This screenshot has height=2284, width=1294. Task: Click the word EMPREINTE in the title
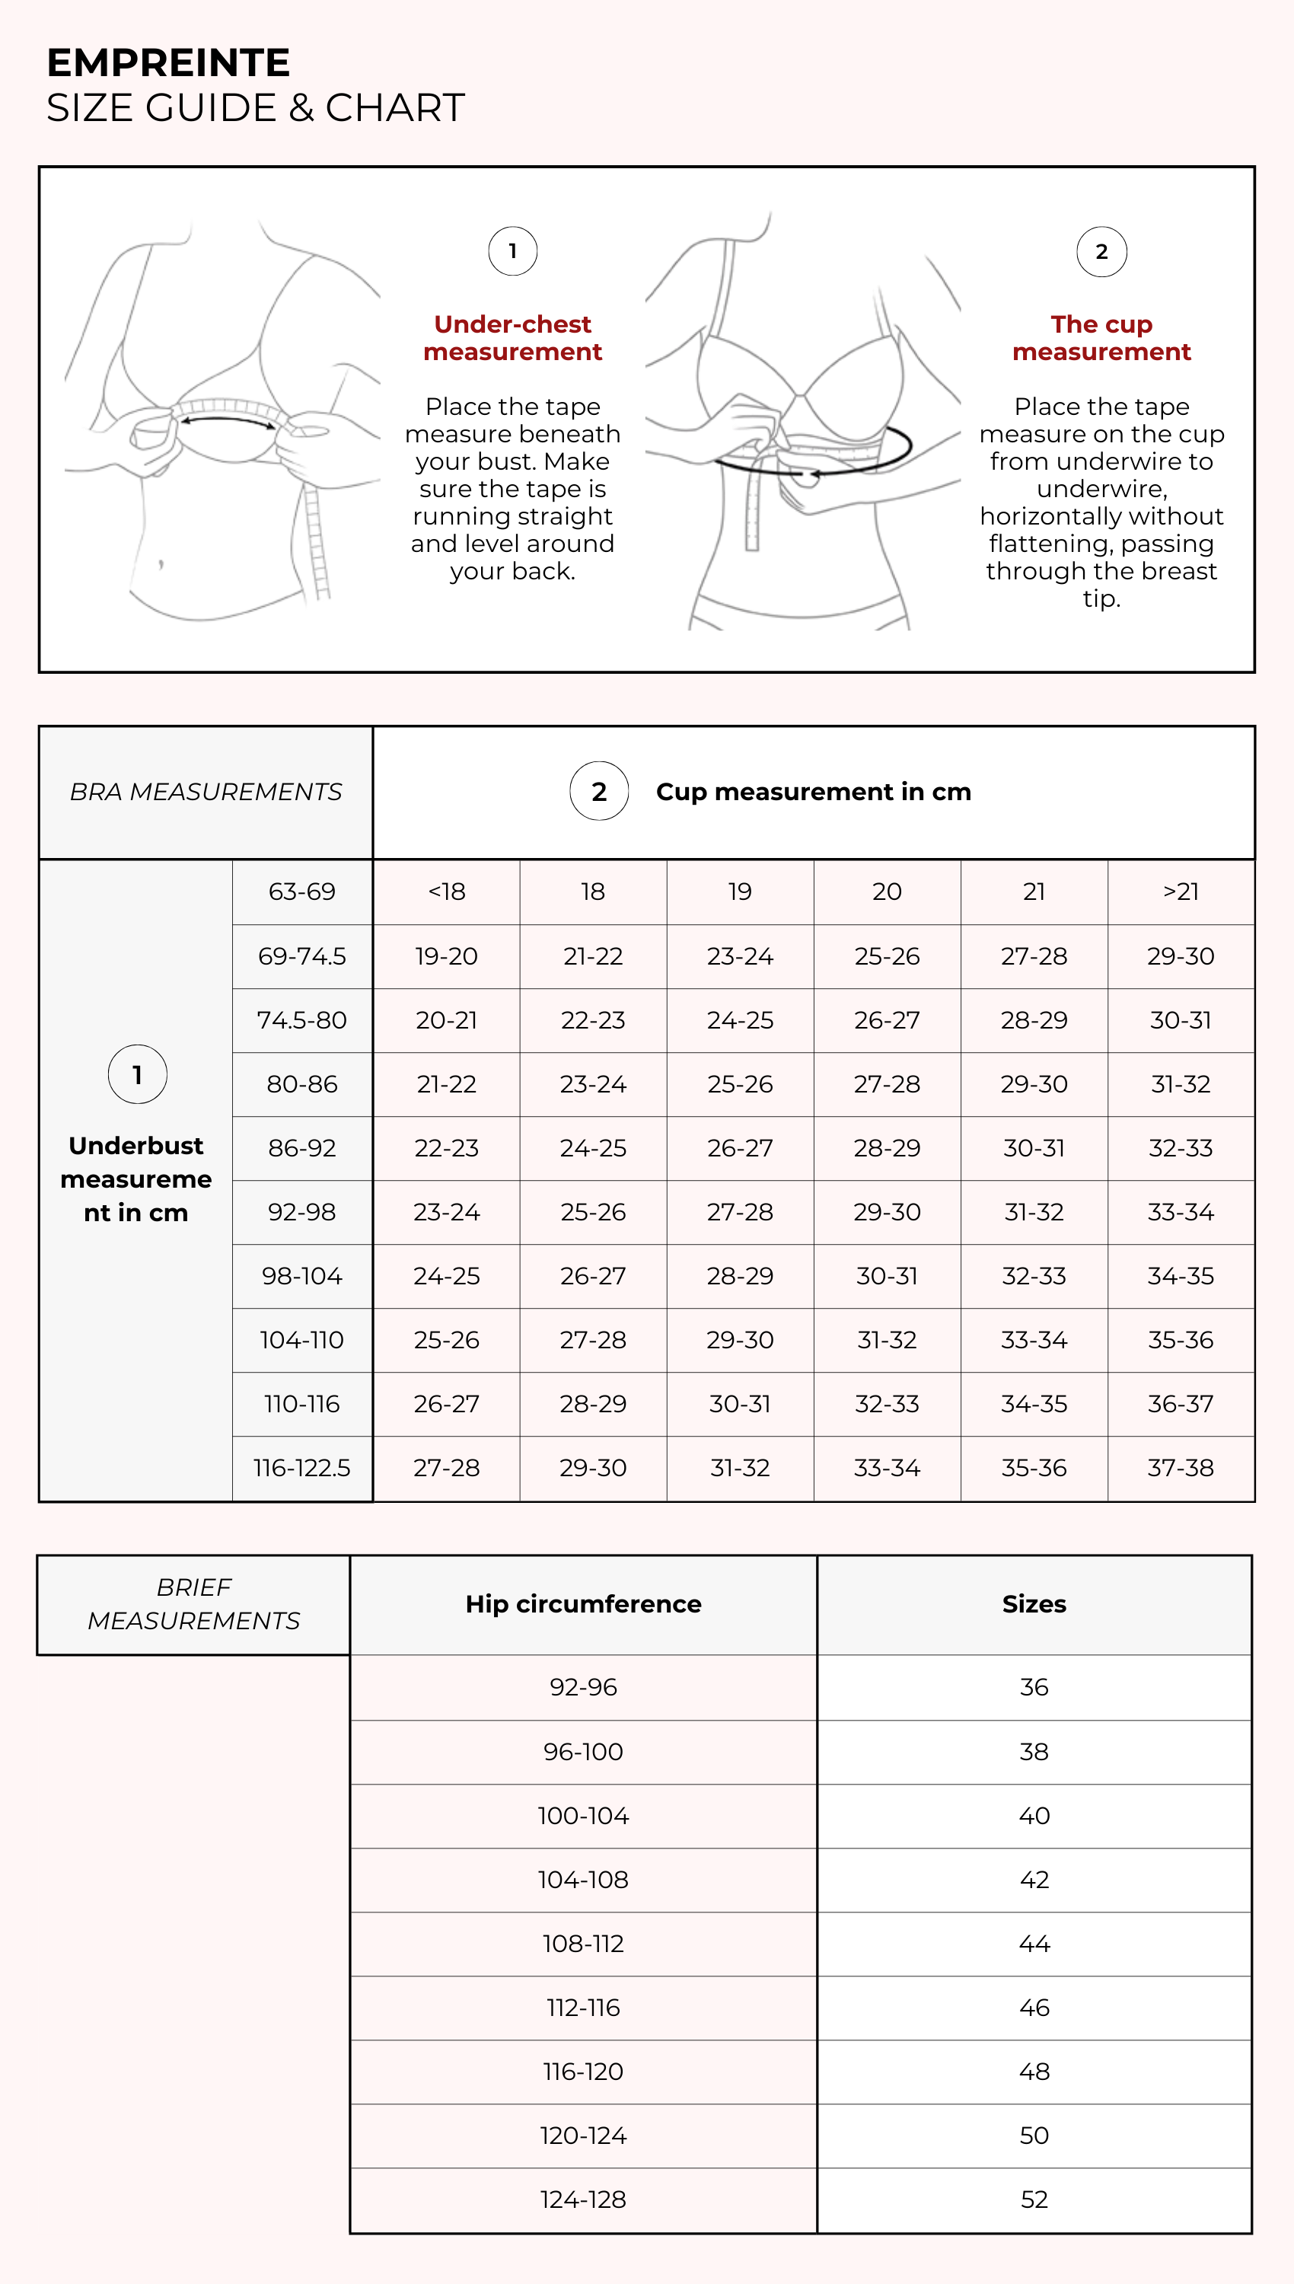[168, 63]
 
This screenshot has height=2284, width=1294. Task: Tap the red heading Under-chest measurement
[513, 338]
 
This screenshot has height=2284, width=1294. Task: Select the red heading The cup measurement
[1101, 338]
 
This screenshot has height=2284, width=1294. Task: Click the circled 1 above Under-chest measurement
[513, 251]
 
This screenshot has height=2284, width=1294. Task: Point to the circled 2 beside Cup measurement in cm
[599, 791]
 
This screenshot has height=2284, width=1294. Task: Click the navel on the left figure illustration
[161, 563]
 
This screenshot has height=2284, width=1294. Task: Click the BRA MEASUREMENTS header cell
[206, 792]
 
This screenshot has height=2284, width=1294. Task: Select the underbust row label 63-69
[302, 892]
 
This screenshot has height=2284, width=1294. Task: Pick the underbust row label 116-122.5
[302, 1467]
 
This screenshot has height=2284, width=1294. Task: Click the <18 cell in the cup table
[446, 892]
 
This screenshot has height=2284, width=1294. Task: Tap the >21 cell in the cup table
[1181, 892]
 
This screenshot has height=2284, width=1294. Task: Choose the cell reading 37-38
[1181, 1467]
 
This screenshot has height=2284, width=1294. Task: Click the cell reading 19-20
[446, 956]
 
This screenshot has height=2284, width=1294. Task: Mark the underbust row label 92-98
[302, 1212]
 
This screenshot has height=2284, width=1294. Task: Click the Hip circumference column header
[583, 1604]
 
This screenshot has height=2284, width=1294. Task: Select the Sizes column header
[1034, 1604]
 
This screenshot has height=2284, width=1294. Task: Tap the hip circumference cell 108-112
[583, 1944]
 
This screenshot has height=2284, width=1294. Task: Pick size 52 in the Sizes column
[1034, 2199]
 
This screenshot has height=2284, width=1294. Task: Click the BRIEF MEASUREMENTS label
[194, 1604]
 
